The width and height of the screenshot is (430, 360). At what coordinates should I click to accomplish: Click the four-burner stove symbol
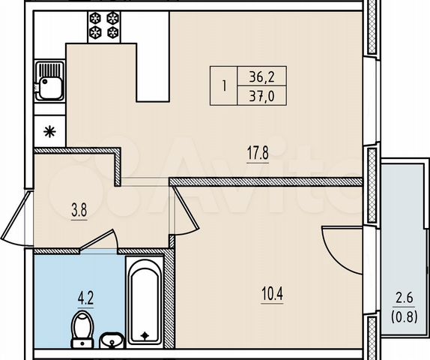click(105, 25)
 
